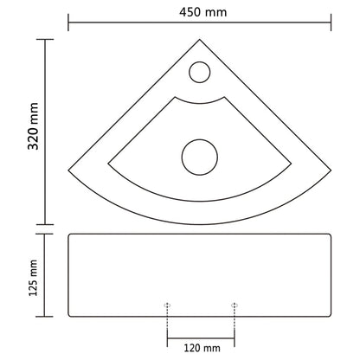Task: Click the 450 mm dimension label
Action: tap(200, 11)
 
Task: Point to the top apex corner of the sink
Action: tap(200, 37)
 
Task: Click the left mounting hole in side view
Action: tap(167, 305)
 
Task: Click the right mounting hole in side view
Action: tap(234, 305)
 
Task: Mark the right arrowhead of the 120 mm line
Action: tap(232, 337)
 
